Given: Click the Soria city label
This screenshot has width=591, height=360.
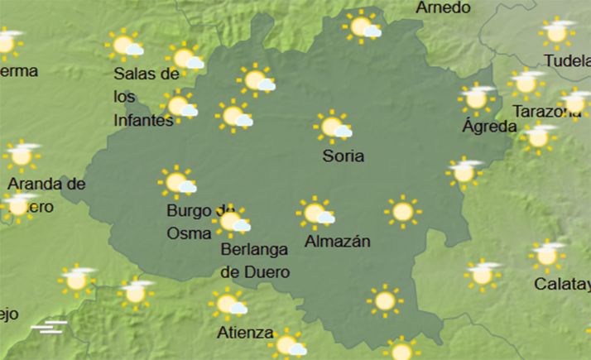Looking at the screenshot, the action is (345, 156).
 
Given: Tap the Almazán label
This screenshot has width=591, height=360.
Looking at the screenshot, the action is (337, 242).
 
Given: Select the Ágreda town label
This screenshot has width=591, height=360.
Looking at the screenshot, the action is (489, 127).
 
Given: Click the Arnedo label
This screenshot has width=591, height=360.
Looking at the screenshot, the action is (443, 7).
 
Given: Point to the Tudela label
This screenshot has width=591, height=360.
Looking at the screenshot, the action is (567, 60).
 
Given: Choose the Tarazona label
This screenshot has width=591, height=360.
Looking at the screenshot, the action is (546, 111).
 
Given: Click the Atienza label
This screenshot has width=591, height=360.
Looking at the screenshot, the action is (245, 333).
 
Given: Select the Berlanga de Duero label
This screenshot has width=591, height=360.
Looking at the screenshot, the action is (255, 259).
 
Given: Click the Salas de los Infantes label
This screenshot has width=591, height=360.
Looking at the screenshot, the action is (145, 97).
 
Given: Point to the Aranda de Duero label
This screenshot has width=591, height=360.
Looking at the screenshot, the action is (46, 193).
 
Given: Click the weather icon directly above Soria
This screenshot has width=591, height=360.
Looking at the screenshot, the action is (334, 127).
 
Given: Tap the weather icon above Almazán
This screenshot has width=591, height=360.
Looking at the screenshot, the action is (315, 214).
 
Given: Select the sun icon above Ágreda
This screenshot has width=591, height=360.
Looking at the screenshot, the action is (476, 98).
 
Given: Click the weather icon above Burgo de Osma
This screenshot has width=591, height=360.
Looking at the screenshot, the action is (178, 182).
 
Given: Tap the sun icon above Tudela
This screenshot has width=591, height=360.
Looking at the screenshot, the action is (556, 33).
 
